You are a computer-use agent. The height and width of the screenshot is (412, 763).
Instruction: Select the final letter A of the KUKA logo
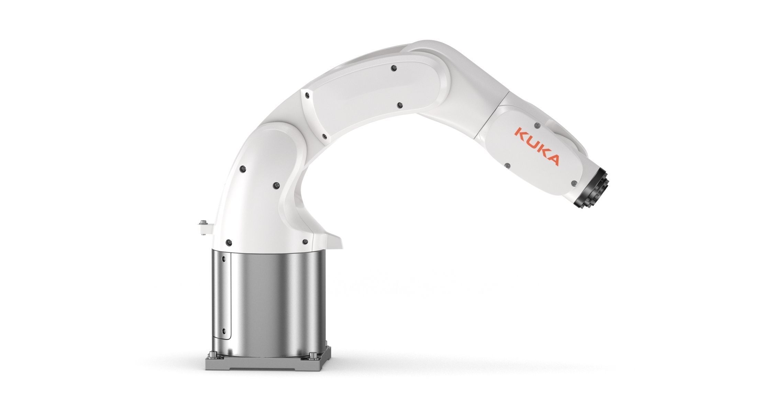click(552, 160)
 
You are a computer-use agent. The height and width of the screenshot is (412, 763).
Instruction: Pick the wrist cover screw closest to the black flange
click(573, 183)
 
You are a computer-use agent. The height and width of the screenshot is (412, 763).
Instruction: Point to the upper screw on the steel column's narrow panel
click(224, 258)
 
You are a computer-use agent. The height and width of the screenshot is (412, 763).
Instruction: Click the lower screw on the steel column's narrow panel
click(224, 330)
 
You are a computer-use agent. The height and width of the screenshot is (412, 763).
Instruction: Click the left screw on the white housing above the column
click(229, 242)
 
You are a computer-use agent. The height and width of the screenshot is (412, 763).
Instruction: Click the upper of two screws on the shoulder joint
click(244, 169)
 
